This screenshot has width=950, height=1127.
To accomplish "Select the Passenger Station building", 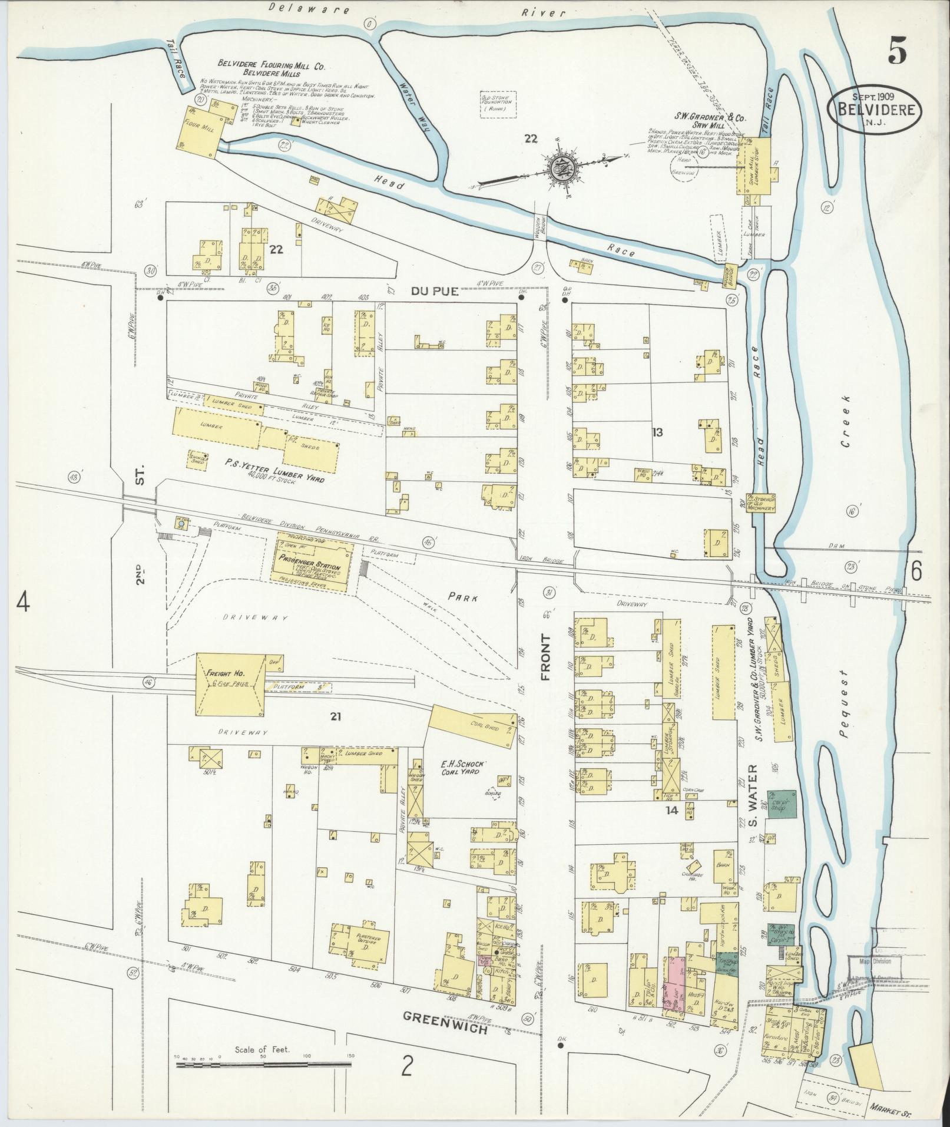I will (312, 557).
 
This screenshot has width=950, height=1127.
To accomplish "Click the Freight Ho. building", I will (226, 683).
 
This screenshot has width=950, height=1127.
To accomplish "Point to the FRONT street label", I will (546, 657).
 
